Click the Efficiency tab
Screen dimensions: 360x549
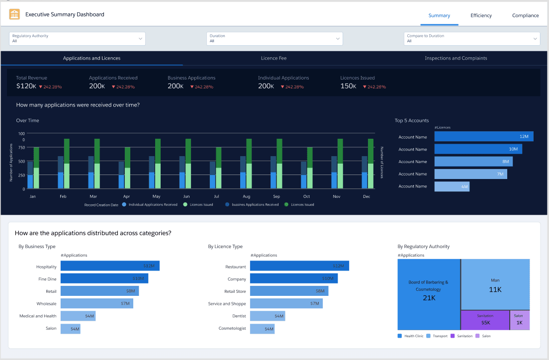pyautogui.click(x=481, y=15)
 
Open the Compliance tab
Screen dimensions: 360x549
pyautogui.click(x=525, y=15)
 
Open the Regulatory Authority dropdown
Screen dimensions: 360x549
pyautogui.click(x=77, y=39)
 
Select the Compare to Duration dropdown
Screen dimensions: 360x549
pyautogui.click(x=471, y=39)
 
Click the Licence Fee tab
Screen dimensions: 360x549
pyautogui.click(x=274, y=58)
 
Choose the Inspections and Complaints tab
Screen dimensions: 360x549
pyautogui.click(x=456, y=58)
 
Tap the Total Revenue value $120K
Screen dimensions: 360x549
pyautogui.click(x=26, y=86)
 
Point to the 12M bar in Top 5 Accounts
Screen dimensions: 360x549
pyautogui.click(x=483, y=136)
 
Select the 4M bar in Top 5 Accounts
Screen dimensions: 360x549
pyautogui.click(x=452, y=186)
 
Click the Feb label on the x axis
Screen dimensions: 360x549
pyautogui.click(x=63, y=196)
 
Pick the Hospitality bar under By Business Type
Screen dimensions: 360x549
pyautogui.click(x=110, y=266)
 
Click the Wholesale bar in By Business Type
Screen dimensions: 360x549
pyautogui.click(x=96, y=303)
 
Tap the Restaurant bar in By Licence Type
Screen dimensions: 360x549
pyautogui.click(x=299, y=266)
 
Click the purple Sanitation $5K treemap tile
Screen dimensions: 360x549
pyautogui.click(x=484, y=320)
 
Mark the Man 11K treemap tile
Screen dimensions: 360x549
pyautogui.click(x=495, y=285)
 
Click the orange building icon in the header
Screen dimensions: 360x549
pyautogui.click(x=15, y=15)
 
